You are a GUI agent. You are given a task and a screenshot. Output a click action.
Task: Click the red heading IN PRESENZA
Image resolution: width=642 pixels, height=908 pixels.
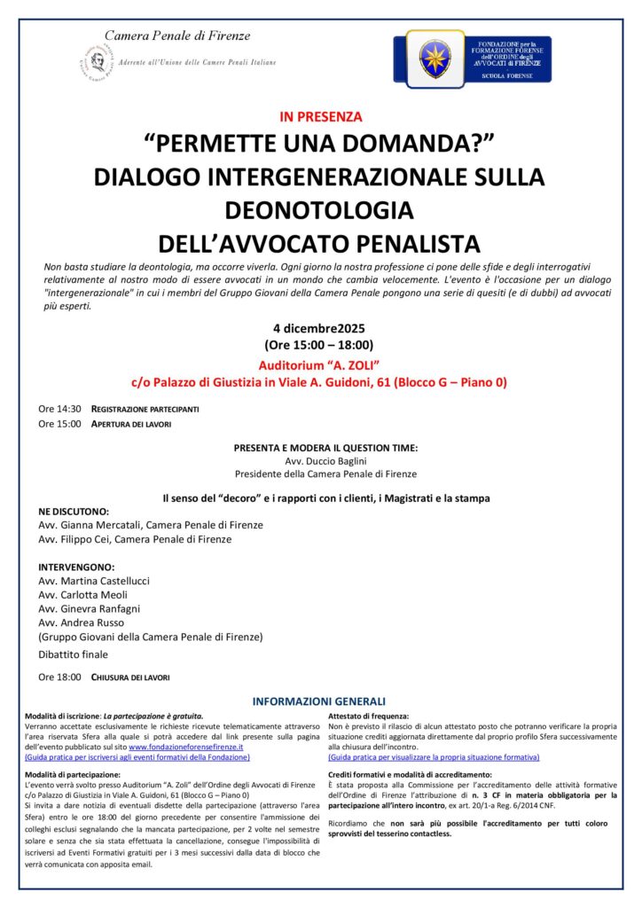(x=320, y=116)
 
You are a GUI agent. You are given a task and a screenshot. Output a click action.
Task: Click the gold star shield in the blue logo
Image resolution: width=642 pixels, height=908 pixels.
(x=435, y=59)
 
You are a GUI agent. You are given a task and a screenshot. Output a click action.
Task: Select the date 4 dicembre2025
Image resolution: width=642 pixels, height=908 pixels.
(x=319, y=328)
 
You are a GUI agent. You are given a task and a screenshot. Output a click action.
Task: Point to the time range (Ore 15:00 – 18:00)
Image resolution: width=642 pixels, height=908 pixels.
(x=319, y=345)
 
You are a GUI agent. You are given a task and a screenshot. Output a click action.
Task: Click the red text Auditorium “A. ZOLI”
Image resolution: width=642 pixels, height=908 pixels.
(x=319, y=364)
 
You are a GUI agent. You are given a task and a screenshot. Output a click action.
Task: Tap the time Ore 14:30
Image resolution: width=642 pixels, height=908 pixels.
(x=59, y=409)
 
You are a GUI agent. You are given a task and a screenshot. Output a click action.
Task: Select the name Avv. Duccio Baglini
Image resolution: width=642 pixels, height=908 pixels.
(x=320, y=461)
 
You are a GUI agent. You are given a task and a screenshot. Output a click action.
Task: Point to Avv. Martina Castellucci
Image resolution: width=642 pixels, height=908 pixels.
(x=95, y=580)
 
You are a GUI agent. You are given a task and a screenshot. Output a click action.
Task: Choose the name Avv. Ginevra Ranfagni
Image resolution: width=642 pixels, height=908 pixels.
(x=90, y=608)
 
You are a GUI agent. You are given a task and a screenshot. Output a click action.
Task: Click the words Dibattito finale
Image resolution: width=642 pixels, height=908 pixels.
(x=73, y=655)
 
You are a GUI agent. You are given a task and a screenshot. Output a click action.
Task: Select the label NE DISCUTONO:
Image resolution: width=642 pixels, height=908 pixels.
(x=74, y=512)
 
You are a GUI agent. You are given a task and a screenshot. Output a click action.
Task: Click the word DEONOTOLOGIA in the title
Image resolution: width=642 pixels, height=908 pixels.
(x=319, y=210)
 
